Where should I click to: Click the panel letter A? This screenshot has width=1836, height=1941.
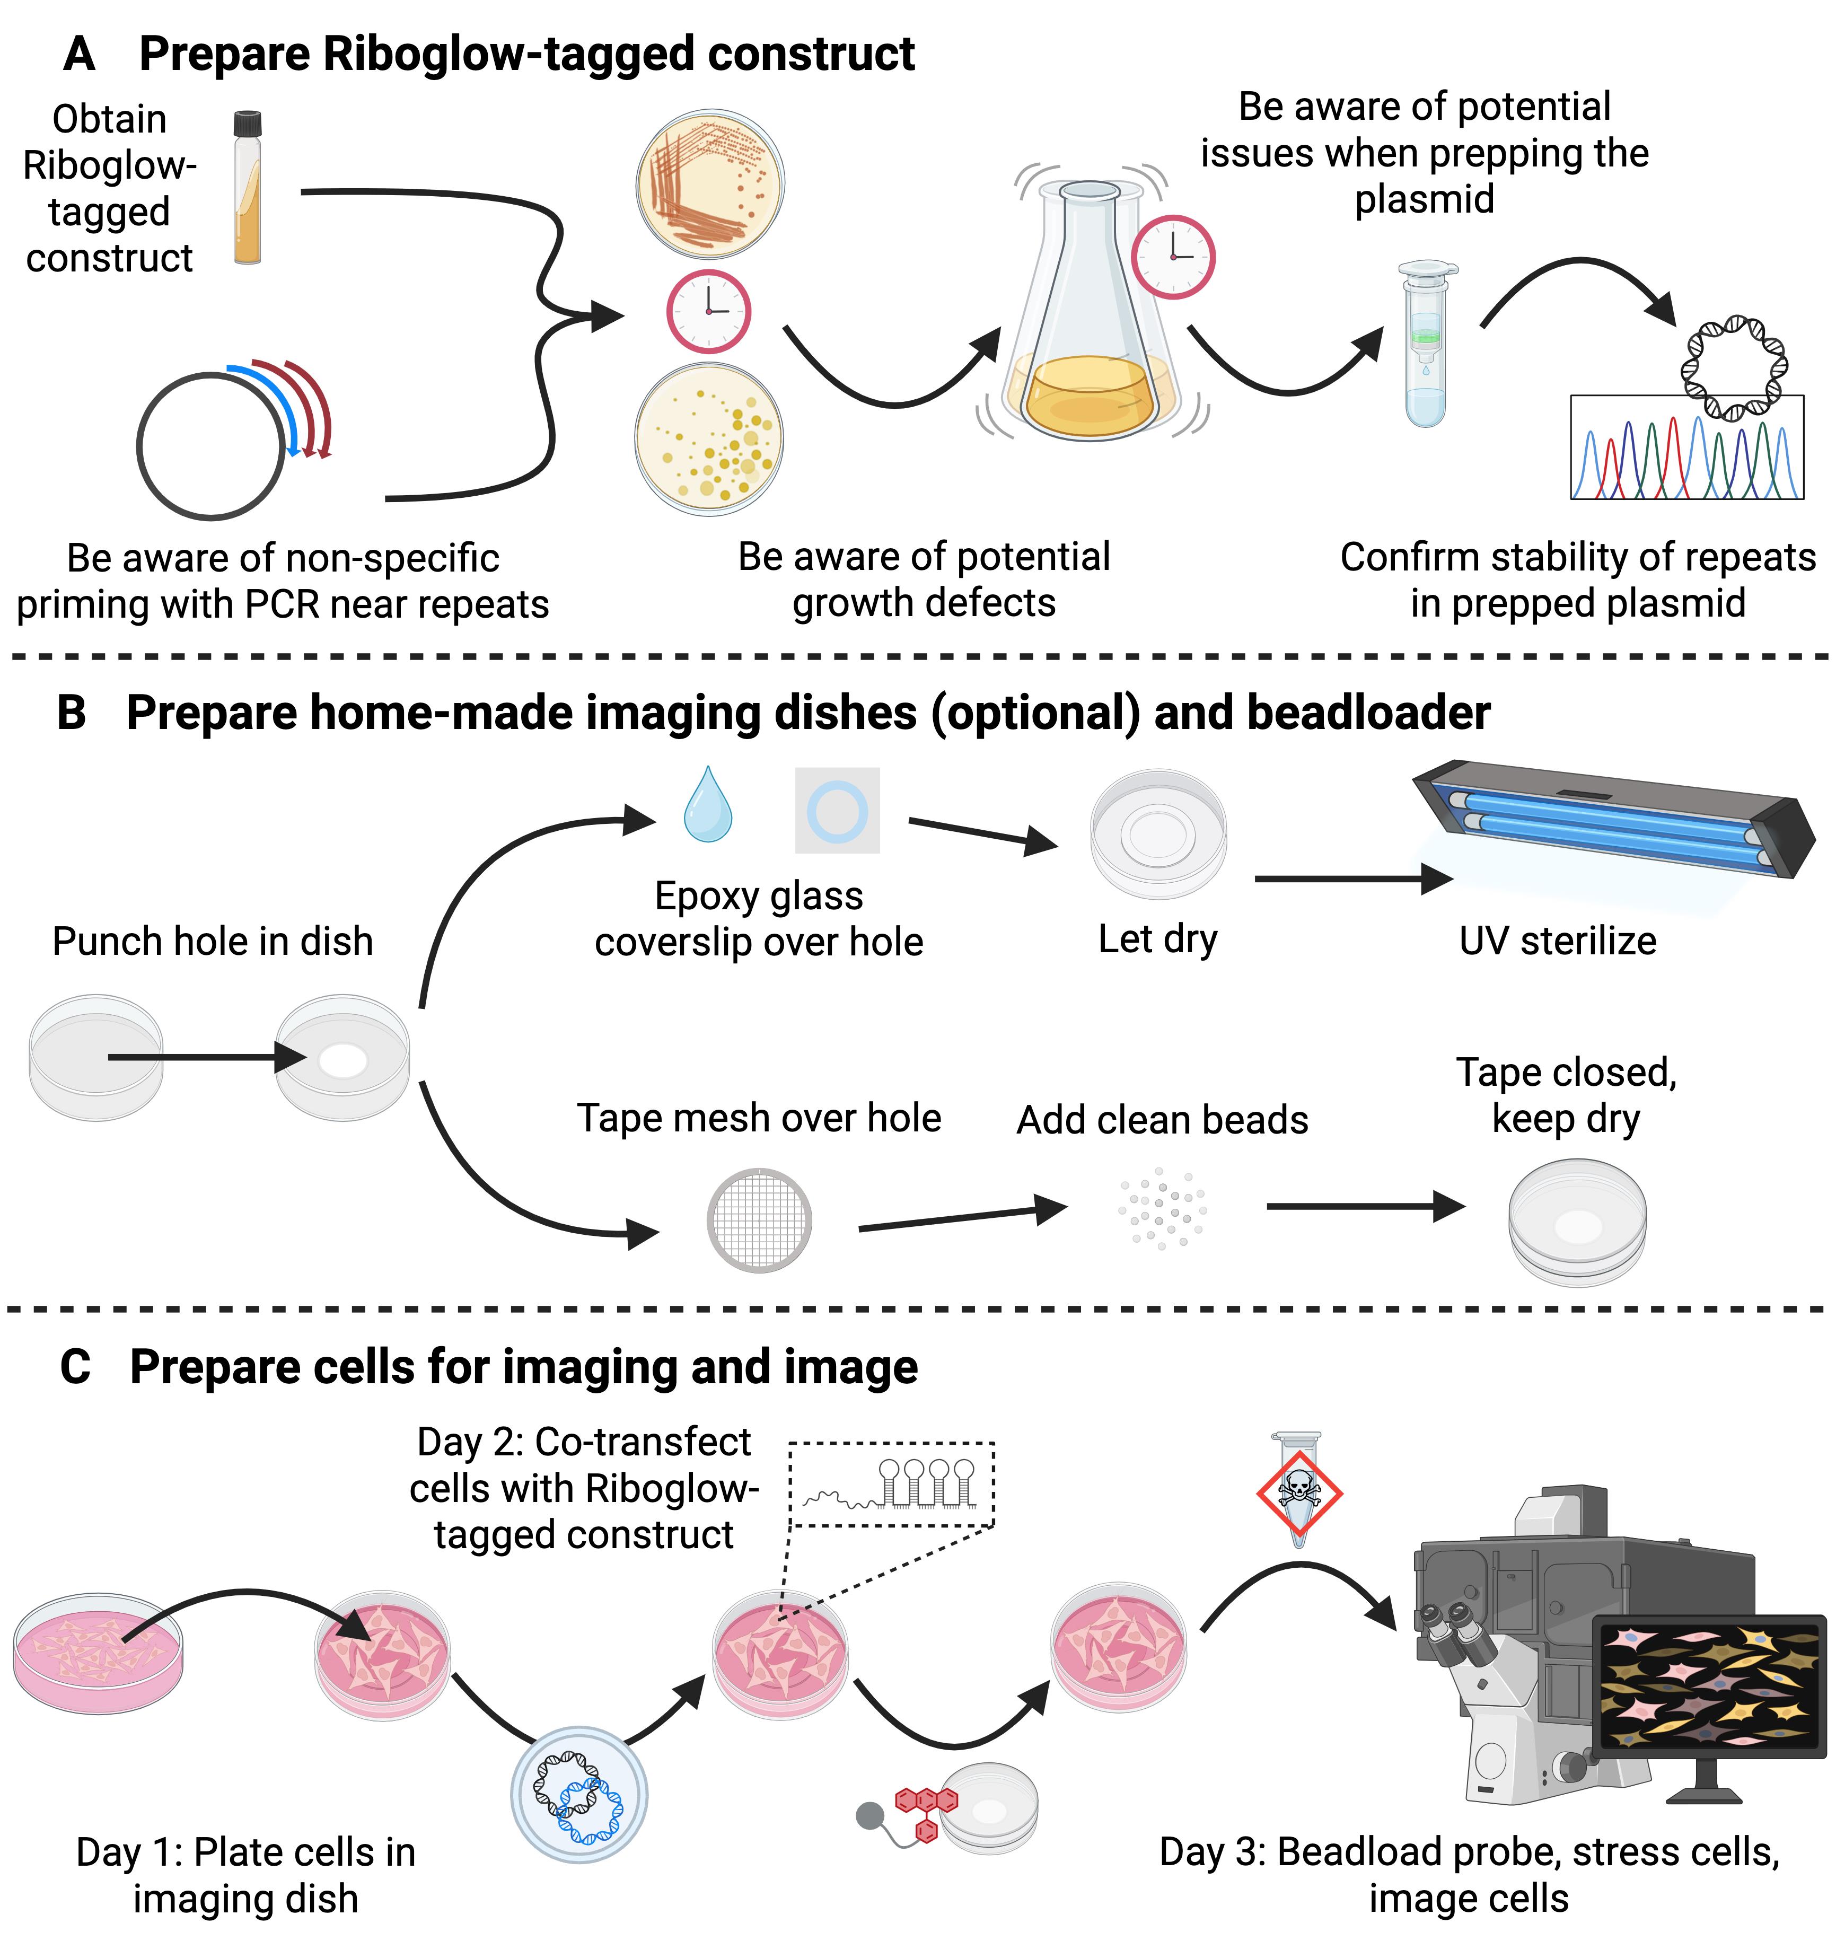(x=80, y=54)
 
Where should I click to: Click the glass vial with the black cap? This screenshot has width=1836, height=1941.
(x=248, y=187)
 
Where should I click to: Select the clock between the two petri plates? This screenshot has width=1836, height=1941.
(x=708, y=311)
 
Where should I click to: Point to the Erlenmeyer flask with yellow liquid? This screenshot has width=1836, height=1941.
(x=1090, y=323)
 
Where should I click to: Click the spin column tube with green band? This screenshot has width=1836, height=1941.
(x=1426, y=342)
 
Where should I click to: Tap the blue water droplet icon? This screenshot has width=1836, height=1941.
(x=708, y=805)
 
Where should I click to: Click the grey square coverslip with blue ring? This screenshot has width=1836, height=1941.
(x=837, y=811)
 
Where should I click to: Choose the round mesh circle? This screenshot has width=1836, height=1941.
(x=759, y=1219)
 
